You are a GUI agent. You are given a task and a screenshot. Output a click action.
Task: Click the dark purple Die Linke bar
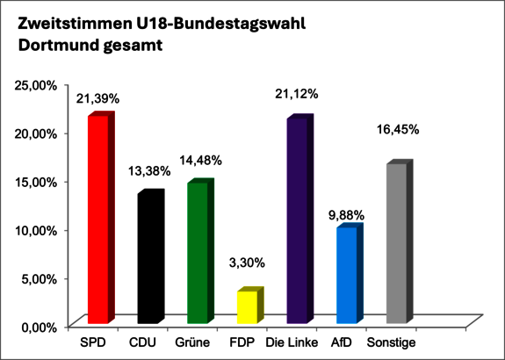pos(296,220)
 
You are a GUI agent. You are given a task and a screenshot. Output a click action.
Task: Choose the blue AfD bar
pos(346,273)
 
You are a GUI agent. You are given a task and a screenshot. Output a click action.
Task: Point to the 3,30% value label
pos(248,263)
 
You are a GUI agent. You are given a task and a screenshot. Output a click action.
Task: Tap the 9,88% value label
pos(347,213)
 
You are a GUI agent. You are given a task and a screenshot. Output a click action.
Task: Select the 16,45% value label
pos(397,129)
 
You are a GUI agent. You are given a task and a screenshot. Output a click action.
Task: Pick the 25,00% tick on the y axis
pos(37,85)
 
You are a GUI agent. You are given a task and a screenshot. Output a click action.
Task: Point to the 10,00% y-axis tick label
pos(37,231)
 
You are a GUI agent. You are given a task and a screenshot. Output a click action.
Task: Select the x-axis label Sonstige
pos(392,342)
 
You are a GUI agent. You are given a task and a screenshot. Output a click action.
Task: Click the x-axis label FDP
pos(242,342)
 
